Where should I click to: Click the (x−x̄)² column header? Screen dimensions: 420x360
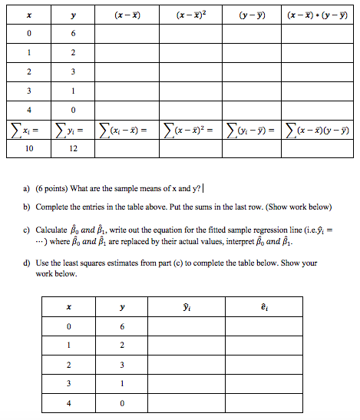(x=190, y=15)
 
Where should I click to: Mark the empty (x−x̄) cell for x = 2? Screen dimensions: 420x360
(x=126, y=72)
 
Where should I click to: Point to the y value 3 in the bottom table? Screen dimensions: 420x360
(x=121, y=363)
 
